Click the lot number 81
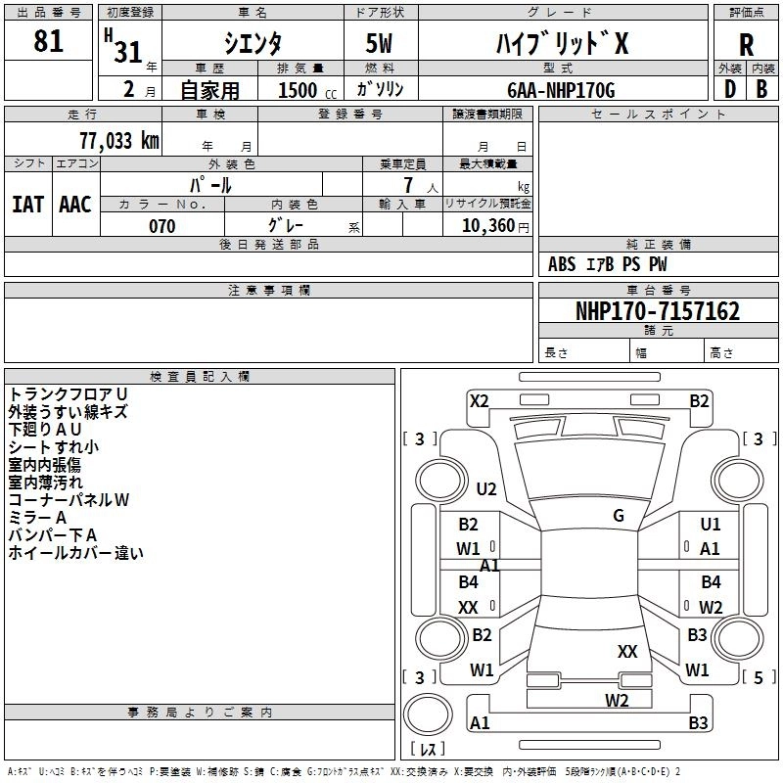pyautogui.click(x=48, y=42)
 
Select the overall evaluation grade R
pyautogui.click(x=746, y=45)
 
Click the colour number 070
pyautogui.click(x=161, y=226)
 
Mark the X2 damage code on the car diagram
pyautogui.click(x=479, y=400)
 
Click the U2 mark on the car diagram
pyautogui.click(x=486, y=489)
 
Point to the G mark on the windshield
pyautogui.click(x=619, y=516)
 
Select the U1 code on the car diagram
pyautogui.click(x=711, y=525)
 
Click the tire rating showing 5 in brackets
pyautogui.click(x=758, y=676)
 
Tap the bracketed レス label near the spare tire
pyautogui.click(x=428, y=750)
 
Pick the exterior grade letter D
pyautogui.click(x=729, y=89)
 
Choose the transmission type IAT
pyautogui.click(x=27, y=204)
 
